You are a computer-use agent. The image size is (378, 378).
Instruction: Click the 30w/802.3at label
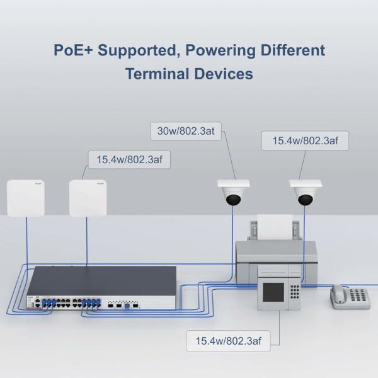click(185, 132)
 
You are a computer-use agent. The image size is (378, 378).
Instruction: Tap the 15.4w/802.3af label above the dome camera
click(305, 140)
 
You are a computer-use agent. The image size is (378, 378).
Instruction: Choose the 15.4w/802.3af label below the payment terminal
click(227, 341)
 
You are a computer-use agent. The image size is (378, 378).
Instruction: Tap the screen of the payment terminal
click(273, 295)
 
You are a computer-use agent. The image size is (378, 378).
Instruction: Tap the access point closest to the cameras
click(87, 198)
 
